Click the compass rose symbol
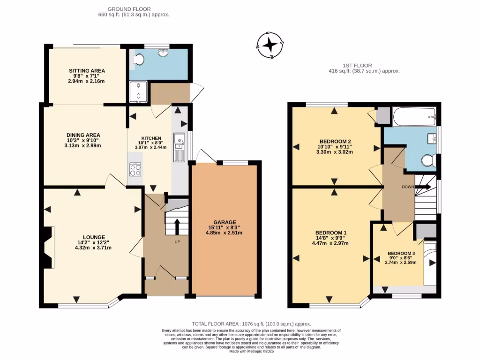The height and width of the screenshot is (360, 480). [270, 45]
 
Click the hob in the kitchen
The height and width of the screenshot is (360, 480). [135, 169]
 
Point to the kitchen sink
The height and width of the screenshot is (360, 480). [179, 141]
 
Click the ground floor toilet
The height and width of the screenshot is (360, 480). [138, 60]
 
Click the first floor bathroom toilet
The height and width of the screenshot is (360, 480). [428, 161]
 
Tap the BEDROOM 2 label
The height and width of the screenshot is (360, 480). [335, 142]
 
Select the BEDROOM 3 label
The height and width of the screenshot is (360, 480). [402, 253]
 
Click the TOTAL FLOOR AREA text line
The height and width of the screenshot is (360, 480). [251, 324]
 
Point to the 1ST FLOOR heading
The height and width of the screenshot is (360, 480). [357, 66]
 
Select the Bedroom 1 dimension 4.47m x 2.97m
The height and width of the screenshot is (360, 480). [331, 243]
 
